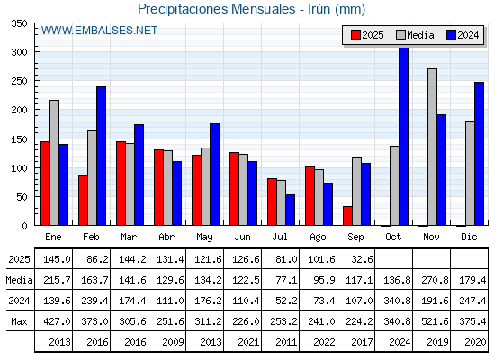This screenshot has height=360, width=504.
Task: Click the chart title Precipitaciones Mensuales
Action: [216, 9]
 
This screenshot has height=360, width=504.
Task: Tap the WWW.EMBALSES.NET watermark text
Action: [99, 31]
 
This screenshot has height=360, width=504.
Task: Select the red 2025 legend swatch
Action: [355, 35]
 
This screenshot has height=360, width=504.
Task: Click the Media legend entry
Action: [415, 35]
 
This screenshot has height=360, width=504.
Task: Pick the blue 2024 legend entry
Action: [463, 35]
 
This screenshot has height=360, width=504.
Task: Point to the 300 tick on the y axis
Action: [20, 52]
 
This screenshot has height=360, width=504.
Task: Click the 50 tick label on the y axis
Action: [22, 197]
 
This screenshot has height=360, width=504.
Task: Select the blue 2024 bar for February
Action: [101, 156]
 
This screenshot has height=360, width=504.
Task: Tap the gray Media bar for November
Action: [432, 147]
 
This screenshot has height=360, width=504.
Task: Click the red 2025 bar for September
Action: [347, 216]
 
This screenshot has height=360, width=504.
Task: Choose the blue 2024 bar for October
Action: [404, 136]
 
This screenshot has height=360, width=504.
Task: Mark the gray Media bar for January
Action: [54, 163]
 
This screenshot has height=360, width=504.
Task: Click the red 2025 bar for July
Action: [272, 202]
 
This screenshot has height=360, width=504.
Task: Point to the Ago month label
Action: [318, 238]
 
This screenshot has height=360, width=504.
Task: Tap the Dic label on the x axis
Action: [469, 237]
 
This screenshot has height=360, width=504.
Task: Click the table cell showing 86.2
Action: [98, 259]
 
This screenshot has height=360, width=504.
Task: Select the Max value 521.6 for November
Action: [435, 321]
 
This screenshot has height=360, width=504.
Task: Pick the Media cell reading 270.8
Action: [435, 280]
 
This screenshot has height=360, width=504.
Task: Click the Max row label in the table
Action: [19, 321]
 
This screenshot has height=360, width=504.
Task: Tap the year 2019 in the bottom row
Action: [437, 342]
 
